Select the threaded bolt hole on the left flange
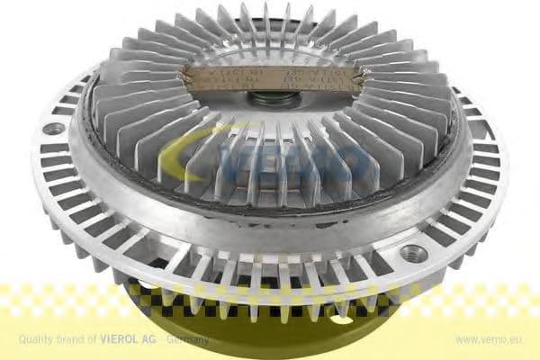point(57,129)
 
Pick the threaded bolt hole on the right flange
point(413,253)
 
